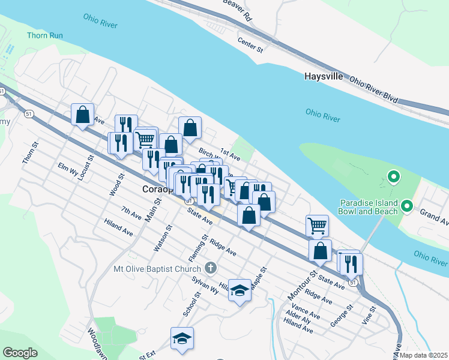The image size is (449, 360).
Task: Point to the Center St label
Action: (250, 44)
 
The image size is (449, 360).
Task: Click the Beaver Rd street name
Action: (236, 10)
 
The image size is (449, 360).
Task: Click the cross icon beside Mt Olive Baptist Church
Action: (210, 268)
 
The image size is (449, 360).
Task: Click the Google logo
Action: (20, 353)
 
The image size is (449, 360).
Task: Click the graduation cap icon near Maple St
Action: (240, 291)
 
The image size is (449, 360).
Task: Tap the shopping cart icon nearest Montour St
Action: (317, 226)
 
